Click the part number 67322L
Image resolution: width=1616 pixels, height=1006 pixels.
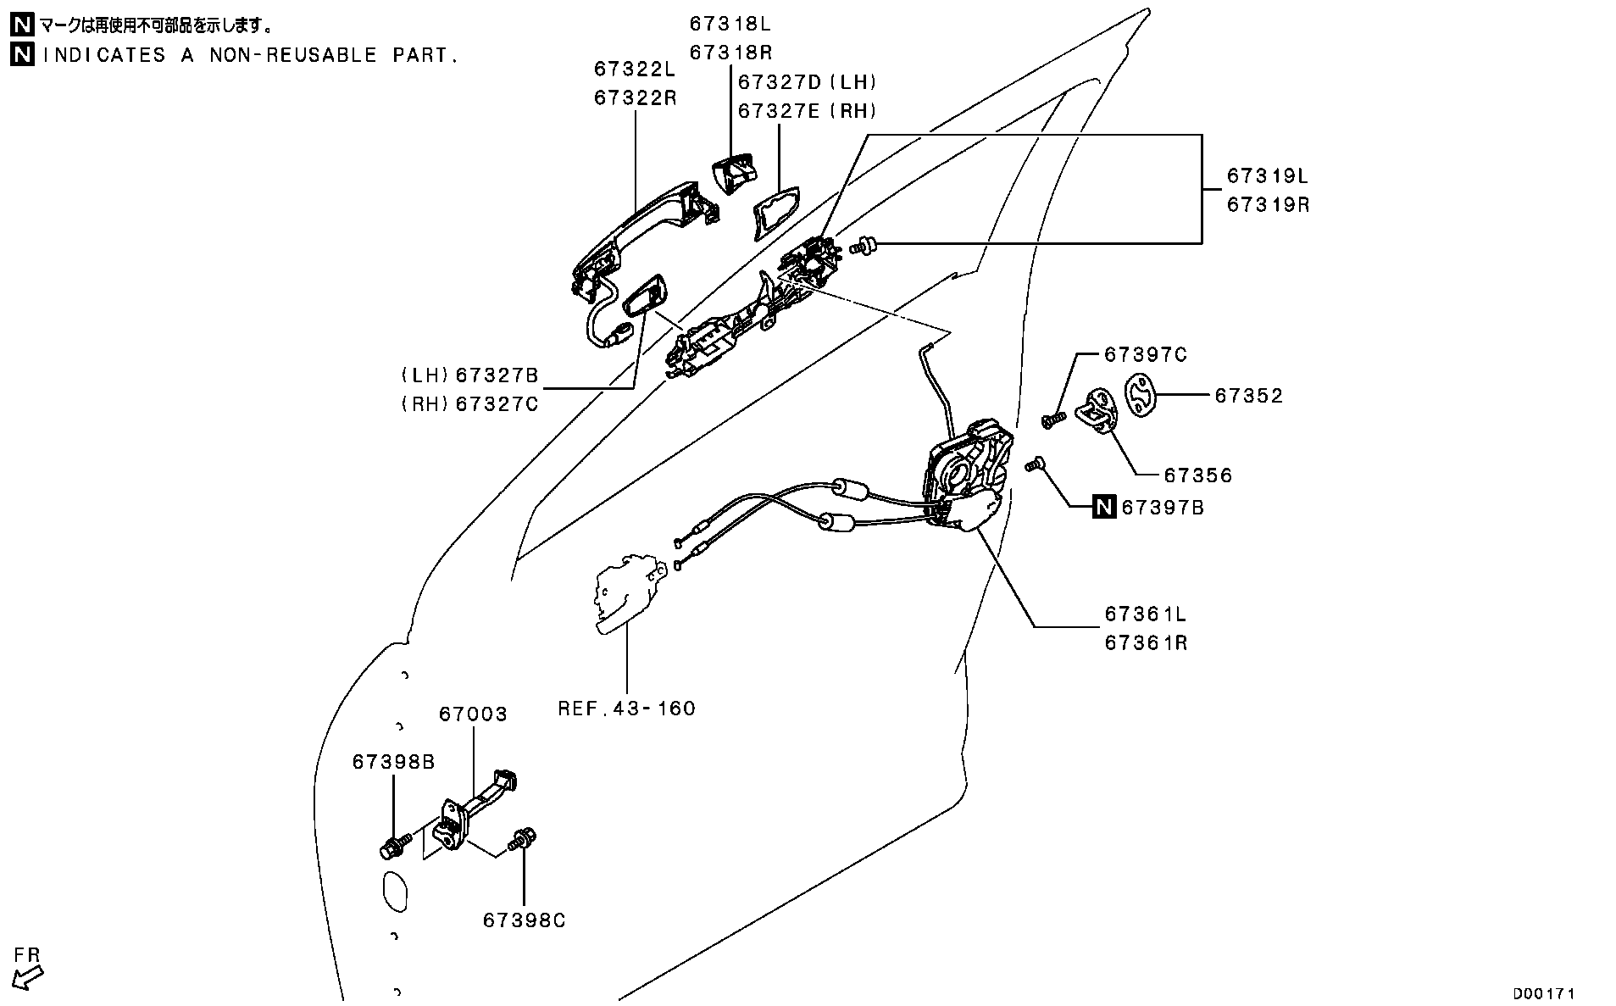click(x=635, y=69)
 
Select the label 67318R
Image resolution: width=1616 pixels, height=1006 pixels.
click(x=730, y=53)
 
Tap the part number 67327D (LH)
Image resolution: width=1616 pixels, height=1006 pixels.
click(x=807, y=82)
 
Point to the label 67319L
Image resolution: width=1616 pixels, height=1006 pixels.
click(x=1268, y=176)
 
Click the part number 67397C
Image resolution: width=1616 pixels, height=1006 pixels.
click(x=1145, y=354)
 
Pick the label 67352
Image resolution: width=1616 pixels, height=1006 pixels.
click(x=1248, y=396)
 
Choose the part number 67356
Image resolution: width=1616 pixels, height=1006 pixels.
click(x=1197, y=475)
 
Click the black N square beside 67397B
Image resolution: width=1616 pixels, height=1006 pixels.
click(x=1103, y=507)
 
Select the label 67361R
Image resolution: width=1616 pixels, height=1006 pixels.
click(x=1146, y=643)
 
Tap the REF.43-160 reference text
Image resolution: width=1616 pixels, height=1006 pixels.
click(x=626, y=709)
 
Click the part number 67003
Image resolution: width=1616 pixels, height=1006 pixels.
click(x=473, y=714)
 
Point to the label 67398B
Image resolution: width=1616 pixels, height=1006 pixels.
click(x=393, y=763)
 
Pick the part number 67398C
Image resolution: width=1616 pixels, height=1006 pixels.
click(x=524, y=920)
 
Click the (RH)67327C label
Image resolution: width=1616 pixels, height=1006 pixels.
click(x=469, y=403)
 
